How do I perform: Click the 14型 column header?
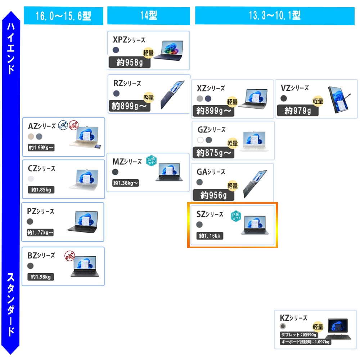[149, 16]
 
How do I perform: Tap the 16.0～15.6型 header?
[63, 16]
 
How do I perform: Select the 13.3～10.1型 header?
[275, 15]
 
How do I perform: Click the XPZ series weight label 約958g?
[129, 63]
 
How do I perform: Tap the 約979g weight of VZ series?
[297, 111]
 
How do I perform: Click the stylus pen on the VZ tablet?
[347, 97]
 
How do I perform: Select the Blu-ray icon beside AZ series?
[63, 125]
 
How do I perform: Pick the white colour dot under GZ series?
[201, 140]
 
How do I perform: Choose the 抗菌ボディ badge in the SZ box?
[235, 215]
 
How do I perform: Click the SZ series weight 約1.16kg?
[210, 236]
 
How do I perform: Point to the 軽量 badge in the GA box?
[233, 186]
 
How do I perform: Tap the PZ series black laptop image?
[82, 221]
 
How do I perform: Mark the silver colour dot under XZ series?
[200, 98]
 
